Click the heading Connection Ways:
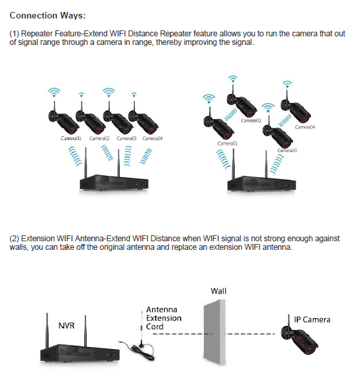[x=47, y=15]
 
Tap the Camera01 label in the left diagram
[x=71, y=138]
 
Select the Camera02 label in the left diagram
[x=99, y=138]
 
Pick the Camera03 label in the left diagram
[x=126, y=138]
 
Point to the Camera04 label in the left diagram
[x=152, y=138]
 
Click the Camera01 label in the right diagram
[x=228, y=143]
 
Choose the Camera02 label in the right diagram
[x=251, y=120]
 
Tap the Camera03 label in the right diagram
[x=287, y=151]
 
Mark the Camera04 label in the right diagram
[x=304, y=127]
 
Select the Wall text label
[x=218, y=291]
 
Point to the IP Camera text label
[x=312, y=320]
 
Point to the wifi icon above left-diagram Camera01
[x=54, y=93]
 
